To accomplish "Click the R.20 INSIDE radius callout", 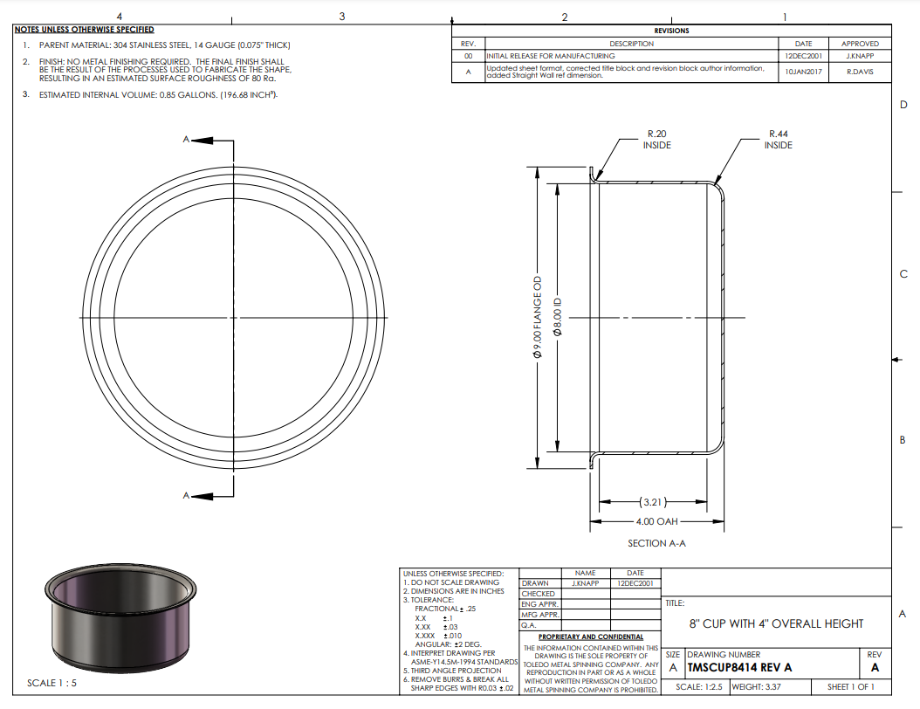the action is click(x=656, y=140).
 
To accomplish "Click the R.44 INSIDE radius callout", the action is click(x=778, y=140).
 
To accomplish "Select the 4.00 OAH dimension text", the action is click(x=656, y=521).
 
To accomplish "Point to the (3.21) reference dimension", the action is click(x=653, y=502).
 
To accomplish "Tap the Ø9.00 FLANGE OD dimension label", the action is click(x=538, y=317).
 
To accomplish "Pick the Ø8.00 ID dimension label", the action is click(x=558, y=317).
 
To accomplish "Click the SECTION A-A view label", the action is click(x=656, y=543).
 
